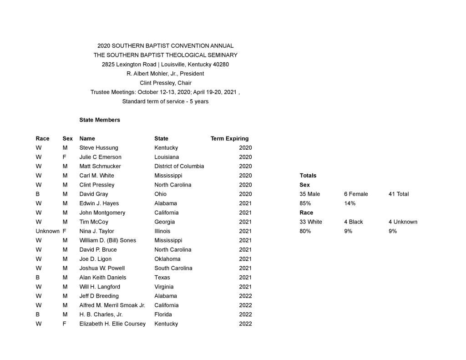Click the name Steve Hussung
click(x=98, y=148)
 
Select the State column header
click(x=161, y=139)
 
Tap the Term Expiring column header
click(x=229, y=139)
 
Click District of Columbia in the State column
click(x=179, y=166)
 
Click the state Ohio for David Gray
click(x=161, y=194)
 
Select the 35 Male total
click(x=309, y=194)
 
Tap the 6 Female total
click(x=356, y=194)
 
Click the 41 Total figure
click(x=398, y=194)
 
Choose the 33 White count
click(x=310, y=222)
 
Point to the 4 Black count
click(x=353, y=222)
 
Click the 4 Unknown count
click(x=403, y=222)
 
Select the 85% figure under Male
click(x=305, y=203)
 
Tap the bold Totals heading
click(x=308, y=176)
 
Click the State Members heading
click(x=100, y=120)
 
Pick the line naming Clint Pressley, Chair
click(x=165, y=83)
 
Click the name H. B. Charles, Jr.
click(x=101, y=314)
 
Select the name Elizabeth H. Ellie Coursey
click(x=112, y=324)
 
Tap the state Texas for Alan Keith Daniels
click(x=162, y=278)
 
